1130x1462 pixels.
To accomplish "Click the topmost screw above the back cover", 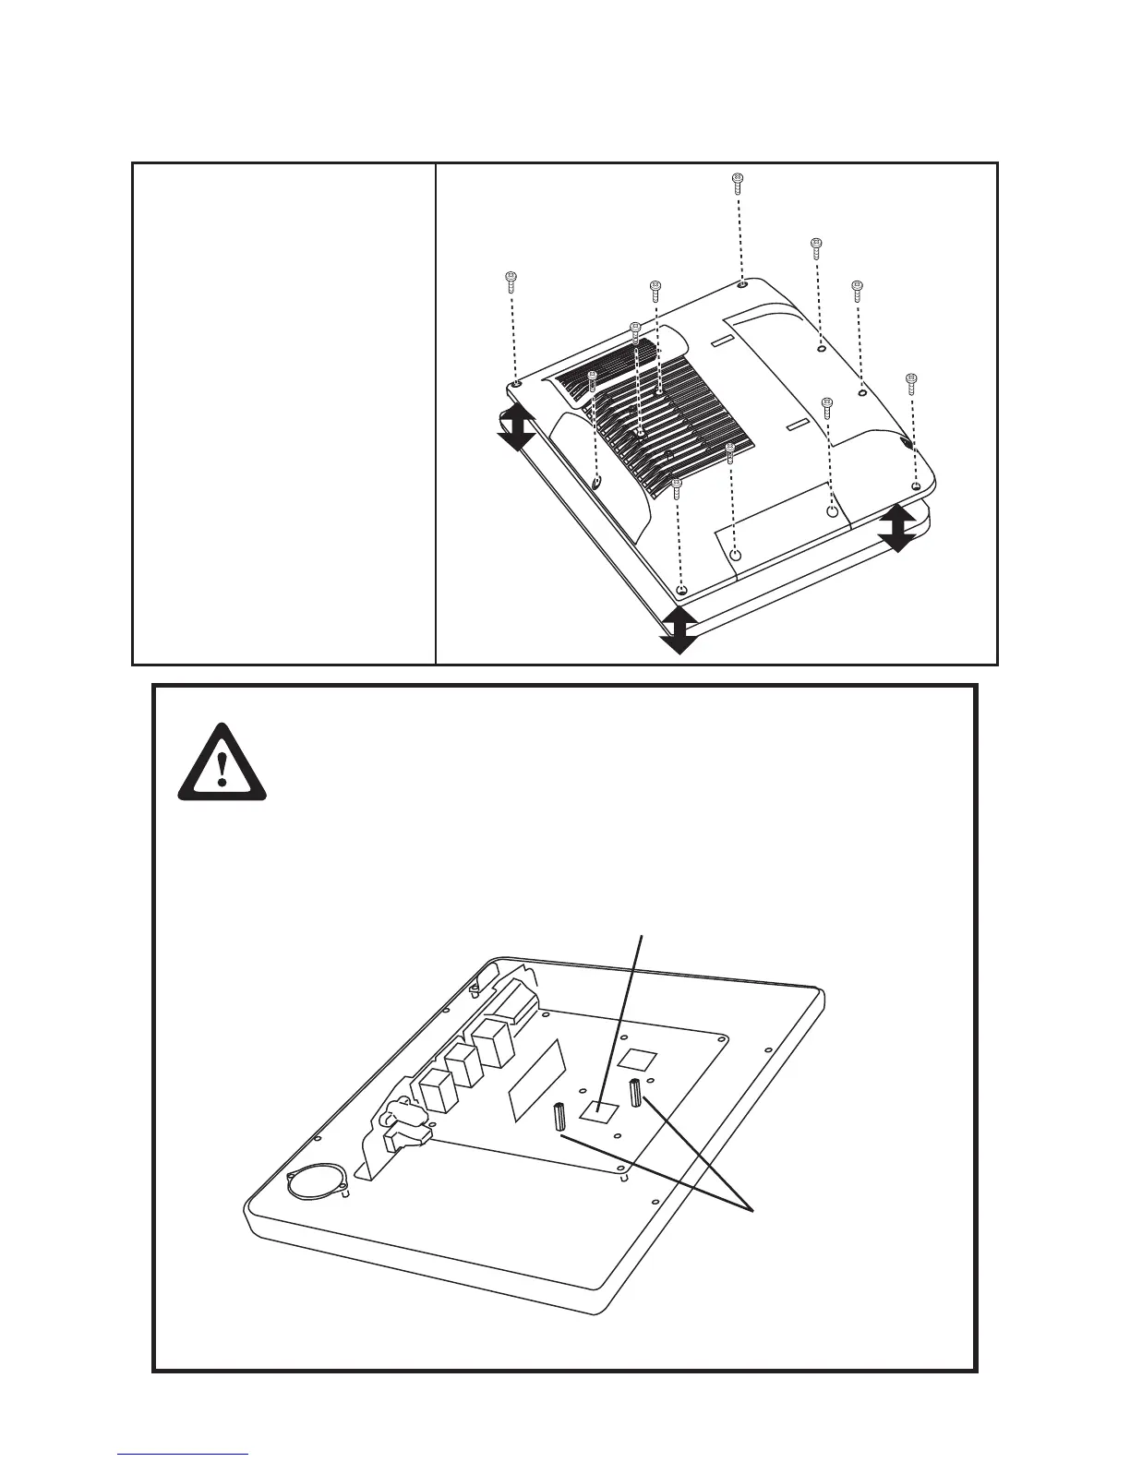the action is click(x=737, y=182).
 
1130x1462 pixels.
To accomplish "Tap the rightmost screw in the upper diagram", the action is click(x=910, y=382).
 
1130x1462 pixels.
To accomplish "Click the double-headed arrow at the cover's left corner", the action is click(x=516, y=426).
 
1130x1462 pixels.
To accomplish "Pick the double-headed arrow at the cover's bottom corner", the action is click(x=679, y=630).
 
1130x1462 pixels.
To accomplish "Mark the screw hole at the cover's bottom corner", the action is click(x=681, y=590).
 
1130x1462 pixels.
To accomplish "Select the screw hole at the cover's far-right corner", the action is click(x=915, y=485).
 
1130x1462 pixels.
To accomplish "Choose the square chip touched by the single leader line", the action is click(x=597, y=1110).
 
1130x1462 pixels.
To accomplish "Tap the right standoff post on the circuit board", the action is click(x=636, y=1093).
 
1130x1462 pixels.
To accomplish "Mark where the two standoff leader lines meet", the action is click(x=753, y=1208).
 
